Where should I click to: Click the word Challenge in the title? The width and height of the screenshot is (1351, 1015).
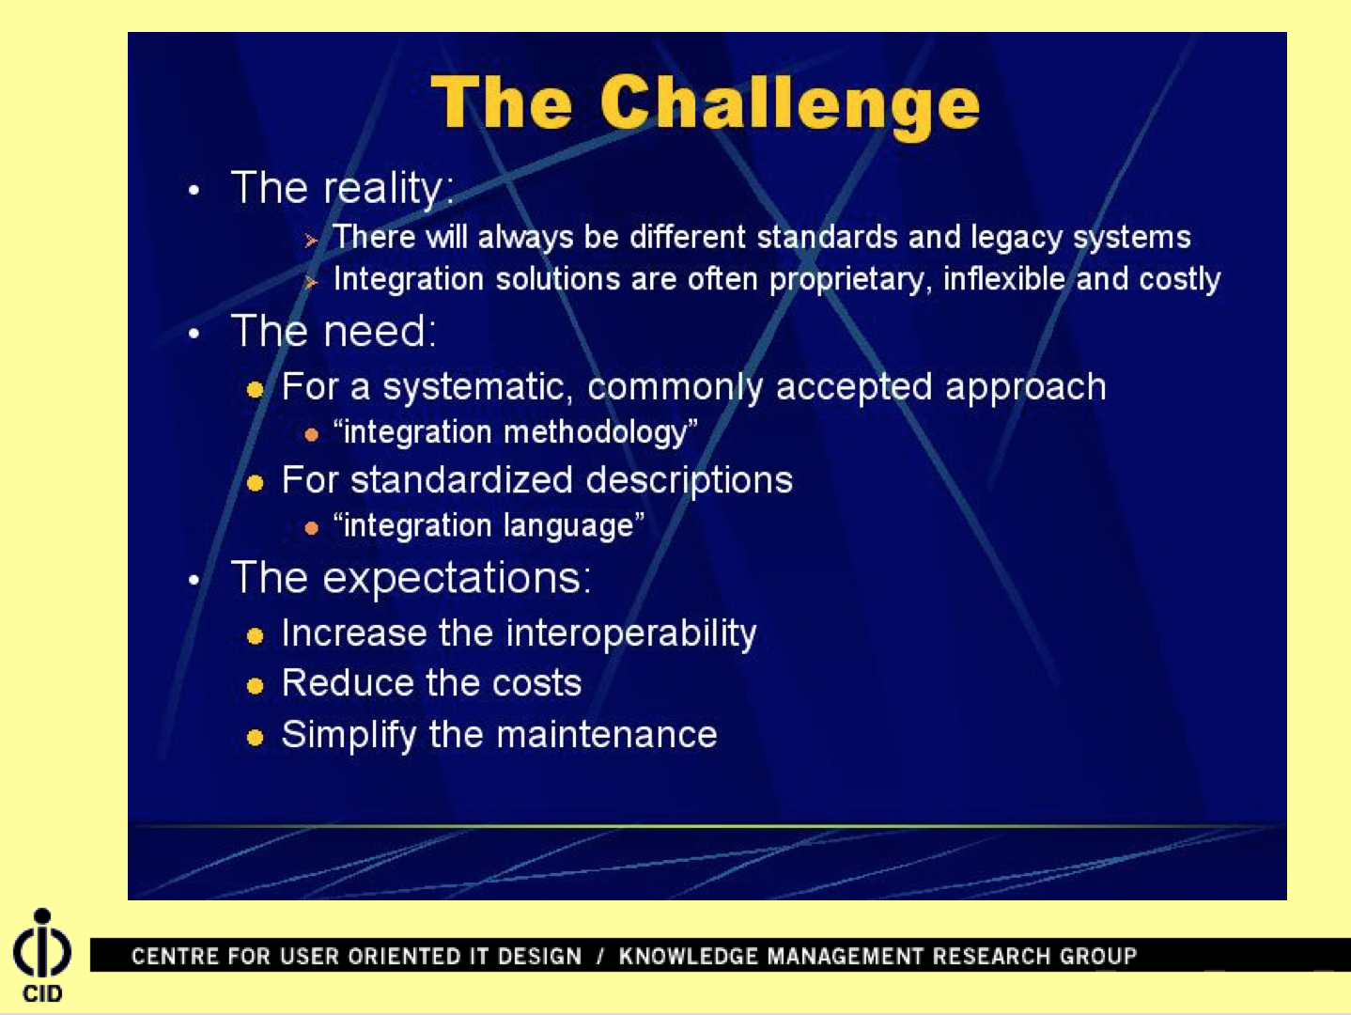790,104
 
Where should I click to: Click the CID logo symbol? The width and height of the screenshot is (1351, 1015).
42,943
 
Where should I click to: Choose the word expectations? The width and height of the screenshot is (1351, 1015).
457,579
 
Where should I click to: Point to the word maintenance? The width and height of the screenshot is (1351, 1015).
606,735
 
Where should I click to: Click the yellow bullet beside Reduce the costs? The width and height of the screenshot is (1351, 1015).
255,686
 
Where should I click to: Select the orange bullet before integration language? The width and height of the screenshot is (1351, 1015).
311,528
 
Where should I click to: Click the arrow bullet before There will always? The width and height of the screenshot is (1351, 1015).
311,240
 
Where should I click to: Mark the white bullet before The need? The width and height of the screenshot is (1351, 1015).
194,334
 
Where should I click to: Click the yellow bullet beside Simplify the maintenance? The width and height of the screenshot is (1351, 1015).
255,738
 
